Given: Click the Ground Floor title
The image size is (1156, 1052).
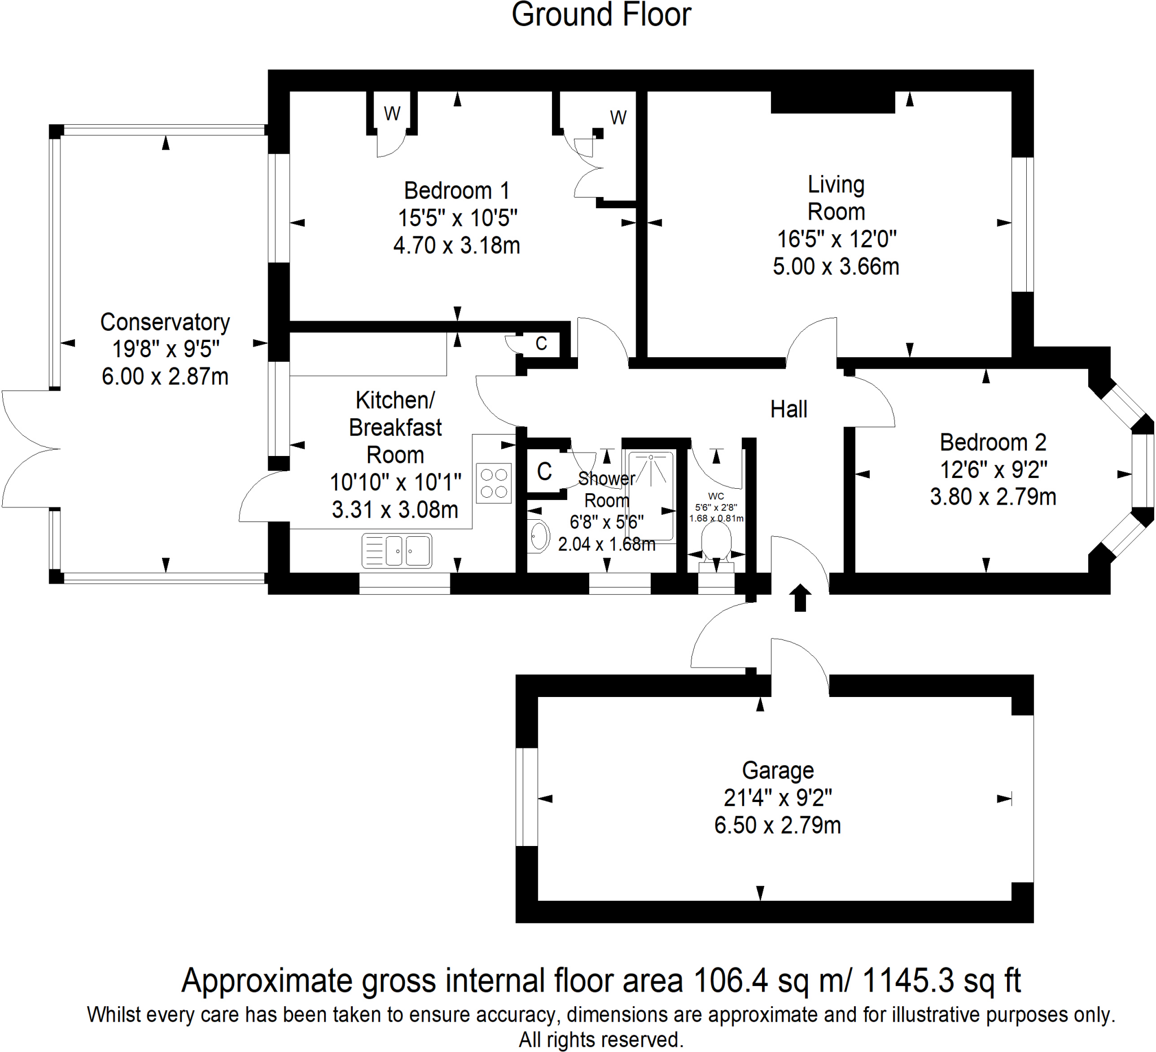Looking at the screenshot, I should (x=601, y=15).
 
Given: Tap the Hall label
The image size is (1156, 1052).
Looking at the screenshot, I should (x=789, y=409).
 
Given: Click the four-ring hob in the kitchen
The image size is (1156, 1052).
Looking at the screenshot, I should (x=494, y=483).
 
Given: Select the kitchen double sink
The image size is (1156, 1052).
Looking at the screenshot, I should (x=397, y=550).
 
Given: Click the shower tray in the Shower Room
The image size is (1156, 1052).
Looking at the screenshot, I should (x=651, y=496).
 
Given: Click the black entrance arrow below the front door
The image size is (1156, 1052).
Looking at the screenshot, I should (x=800, y=597).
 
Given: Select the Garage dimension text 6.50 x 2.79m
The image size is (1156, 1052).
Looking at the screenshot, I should (x=777, y=826).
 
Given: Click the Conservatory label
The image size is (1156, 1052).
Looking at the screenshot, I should (x=165, y=322).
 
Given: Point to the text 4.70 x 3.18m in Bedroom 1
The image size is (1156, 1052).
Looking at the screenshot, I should (x=457, y=246).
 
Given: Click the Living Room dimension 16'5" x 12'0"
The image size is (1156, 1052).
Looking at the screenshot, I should (x=836, y=239).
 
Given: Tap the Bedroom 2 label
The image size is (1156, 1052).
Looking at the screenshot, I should (x=992, y=442).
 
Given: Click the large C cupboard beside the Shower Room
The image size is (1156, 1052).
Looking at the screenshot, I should (x=544, y=472).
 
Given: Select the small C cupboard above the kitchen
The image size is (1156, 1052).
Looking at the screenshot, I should (x=541, y=343).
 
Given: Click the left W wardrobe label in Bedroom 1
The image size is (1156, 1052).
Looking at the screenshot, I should (x=392, y=114).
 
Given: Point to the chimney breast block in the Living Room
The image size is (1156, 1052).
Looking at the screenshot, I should (x=832, y=102).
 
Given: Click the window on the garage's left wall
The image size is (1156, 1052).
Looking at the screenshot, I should (x=527, y=797).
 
